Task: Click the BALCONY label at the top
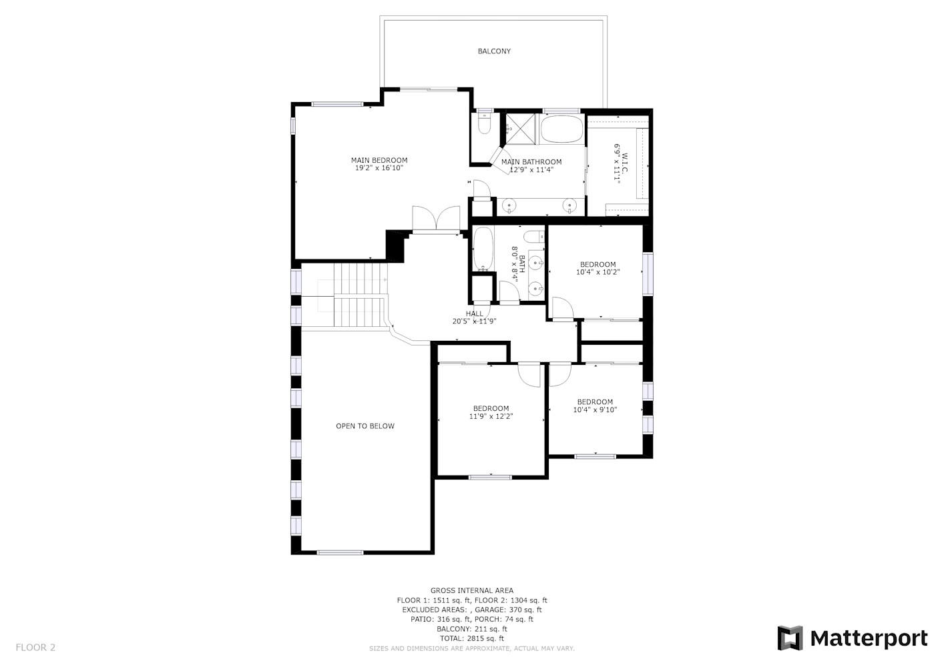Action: pos(494,51)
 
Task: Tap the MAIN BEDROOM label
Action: pos(379,161)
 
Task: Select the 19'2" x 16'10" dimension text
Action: pos(379,168)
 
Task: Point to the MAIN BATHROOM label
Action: pos(531,162)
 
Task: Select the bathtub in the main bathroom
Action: pos(561,129)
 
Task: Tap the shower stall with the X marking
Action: pos(521,129)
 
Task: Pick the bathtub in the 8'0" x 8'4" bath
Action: pos(483,248)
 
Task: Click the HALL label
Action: pos(475,313)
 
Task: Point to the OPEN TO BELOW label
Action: pos(365,426)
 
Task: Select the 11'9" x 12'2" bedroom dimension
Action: pos(491,416)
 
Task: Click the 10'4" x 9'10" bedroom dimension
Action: pos(595,410)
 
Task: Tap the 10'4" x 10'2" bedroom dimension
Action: pos(598,272)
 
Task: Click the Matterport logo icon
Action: pos(790,638)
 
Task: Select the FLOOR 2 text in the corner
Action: pos(35,647)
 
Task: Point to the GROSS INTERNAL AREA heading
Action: pos(472,591)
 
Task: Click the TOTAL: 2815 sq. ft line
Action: pos(472,638)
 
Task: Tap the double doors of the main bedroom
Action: pos(436,219)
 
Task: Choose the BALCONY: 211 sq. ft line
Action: pos(472,629)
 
